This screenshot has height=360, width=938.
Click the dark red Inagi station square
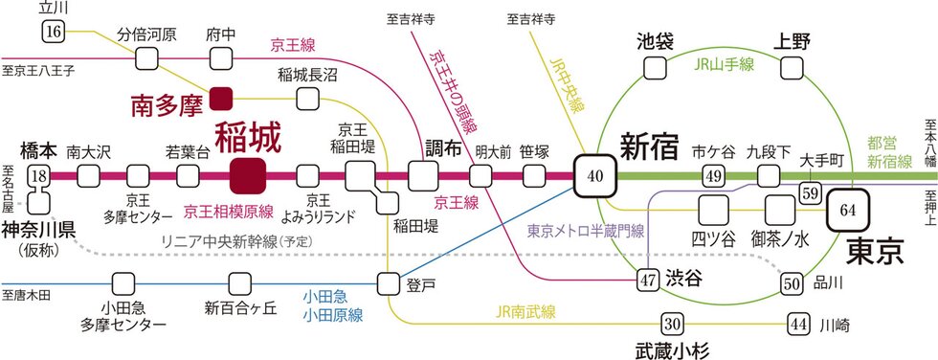248,176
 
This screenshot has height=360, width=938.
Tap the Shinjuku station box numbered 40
594,176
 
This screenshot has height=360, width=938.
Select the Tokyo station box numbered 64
848,210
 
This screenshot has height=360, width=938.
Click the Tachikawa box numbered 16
54,31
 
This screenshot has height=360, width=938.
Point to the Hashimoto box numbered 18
39,176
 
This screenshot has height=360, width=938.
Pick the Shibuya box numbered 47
647,280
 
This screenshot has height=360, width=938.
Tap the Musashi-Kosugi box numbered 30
672,325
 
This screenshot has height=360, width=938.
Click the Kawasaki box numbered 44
798,325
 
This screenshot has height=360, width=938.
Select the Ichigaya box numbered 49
714,176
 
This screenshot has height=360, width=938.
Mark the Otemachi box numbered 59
811,193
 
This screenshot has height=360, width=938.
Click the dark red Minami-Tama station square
221,99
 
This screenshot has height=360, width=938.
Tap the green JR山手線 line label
725,65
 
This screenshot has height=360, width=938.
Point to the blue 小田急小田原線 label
332,305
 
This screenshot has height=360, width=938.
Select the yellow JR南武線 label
525,311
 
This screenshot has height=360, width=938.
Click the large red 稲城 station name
247,139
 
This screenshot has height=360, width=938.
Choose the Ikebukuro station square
655,68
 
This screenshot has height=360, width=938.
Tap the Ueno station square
792,68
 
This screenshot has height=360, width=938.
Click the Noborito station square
389,283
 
